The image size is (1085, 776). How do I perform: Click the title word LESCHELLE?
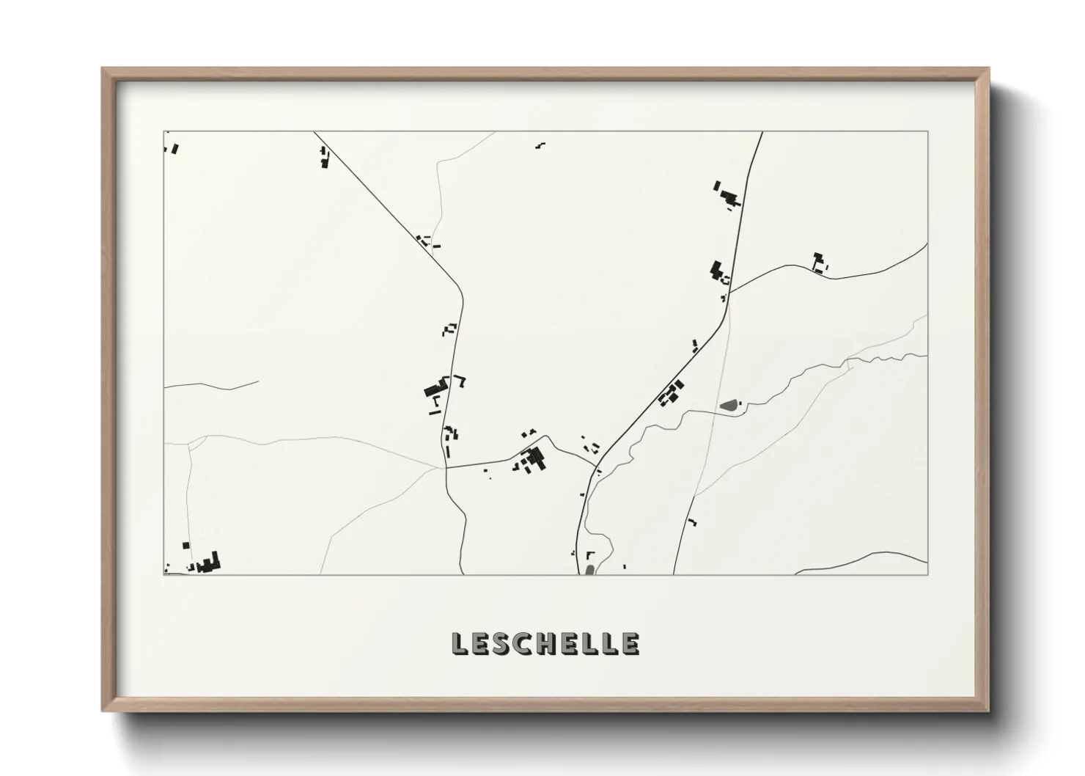[545, 643]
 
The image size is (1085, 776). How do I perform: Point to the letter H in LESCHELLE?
[545, 643]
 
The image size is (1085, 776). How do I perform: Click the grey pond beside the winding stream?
[729, 404]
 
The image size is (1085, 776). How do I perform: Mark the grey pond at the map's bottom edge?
[589, 569]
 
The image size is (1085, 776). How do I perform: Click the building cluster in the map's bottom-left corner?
[208, 563]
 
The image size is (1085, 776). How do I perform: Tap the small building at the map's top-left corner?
[174, 149]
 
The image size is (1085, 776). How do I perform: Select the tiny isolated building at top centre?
[540, 144]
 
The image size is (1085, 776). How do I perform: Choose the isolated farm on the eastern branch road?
[819, 263]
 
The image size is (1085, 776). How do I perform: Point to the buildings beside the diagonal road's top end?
[324, 157]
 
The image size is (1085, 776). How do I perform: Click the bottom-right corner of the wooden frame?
[989, 710]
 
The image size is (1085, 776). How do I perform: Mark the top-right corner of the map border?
[927, 131]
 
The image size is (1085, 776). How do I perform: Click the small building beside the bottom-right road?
[691, 522]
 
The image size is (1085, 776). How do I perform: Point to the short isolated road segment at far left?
[213, 384]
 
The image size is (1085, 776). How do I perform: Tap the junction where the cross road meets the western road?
[446, 467]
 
